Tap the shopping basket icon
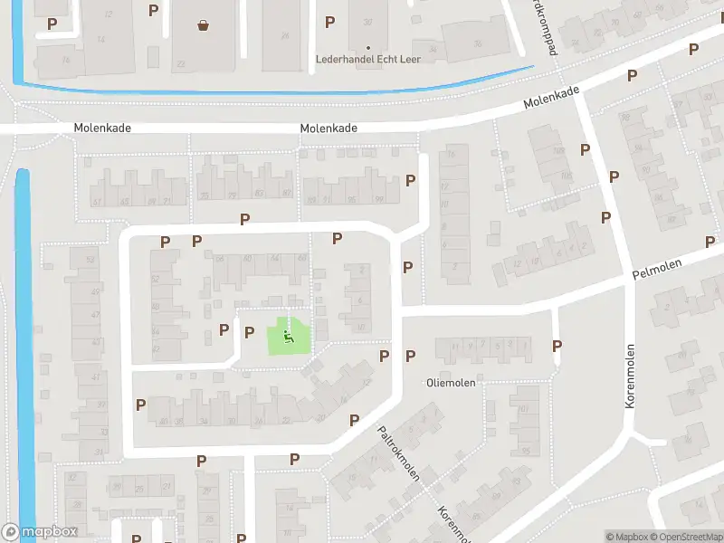[203, 25]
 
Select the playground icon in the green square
[288, 338]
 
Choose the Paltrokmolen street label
[398, 453]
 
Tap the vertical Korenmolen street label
[630, 376]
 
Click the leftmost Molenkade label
[103, 128]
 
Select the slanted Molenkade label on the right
[551, 97]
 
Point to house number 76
[64, 61]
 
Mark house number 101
[524, 408]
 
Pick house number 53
[90, 261]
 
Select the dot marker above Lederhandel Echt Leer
[367, 47]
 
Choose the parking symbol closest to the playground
[249, 332]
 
